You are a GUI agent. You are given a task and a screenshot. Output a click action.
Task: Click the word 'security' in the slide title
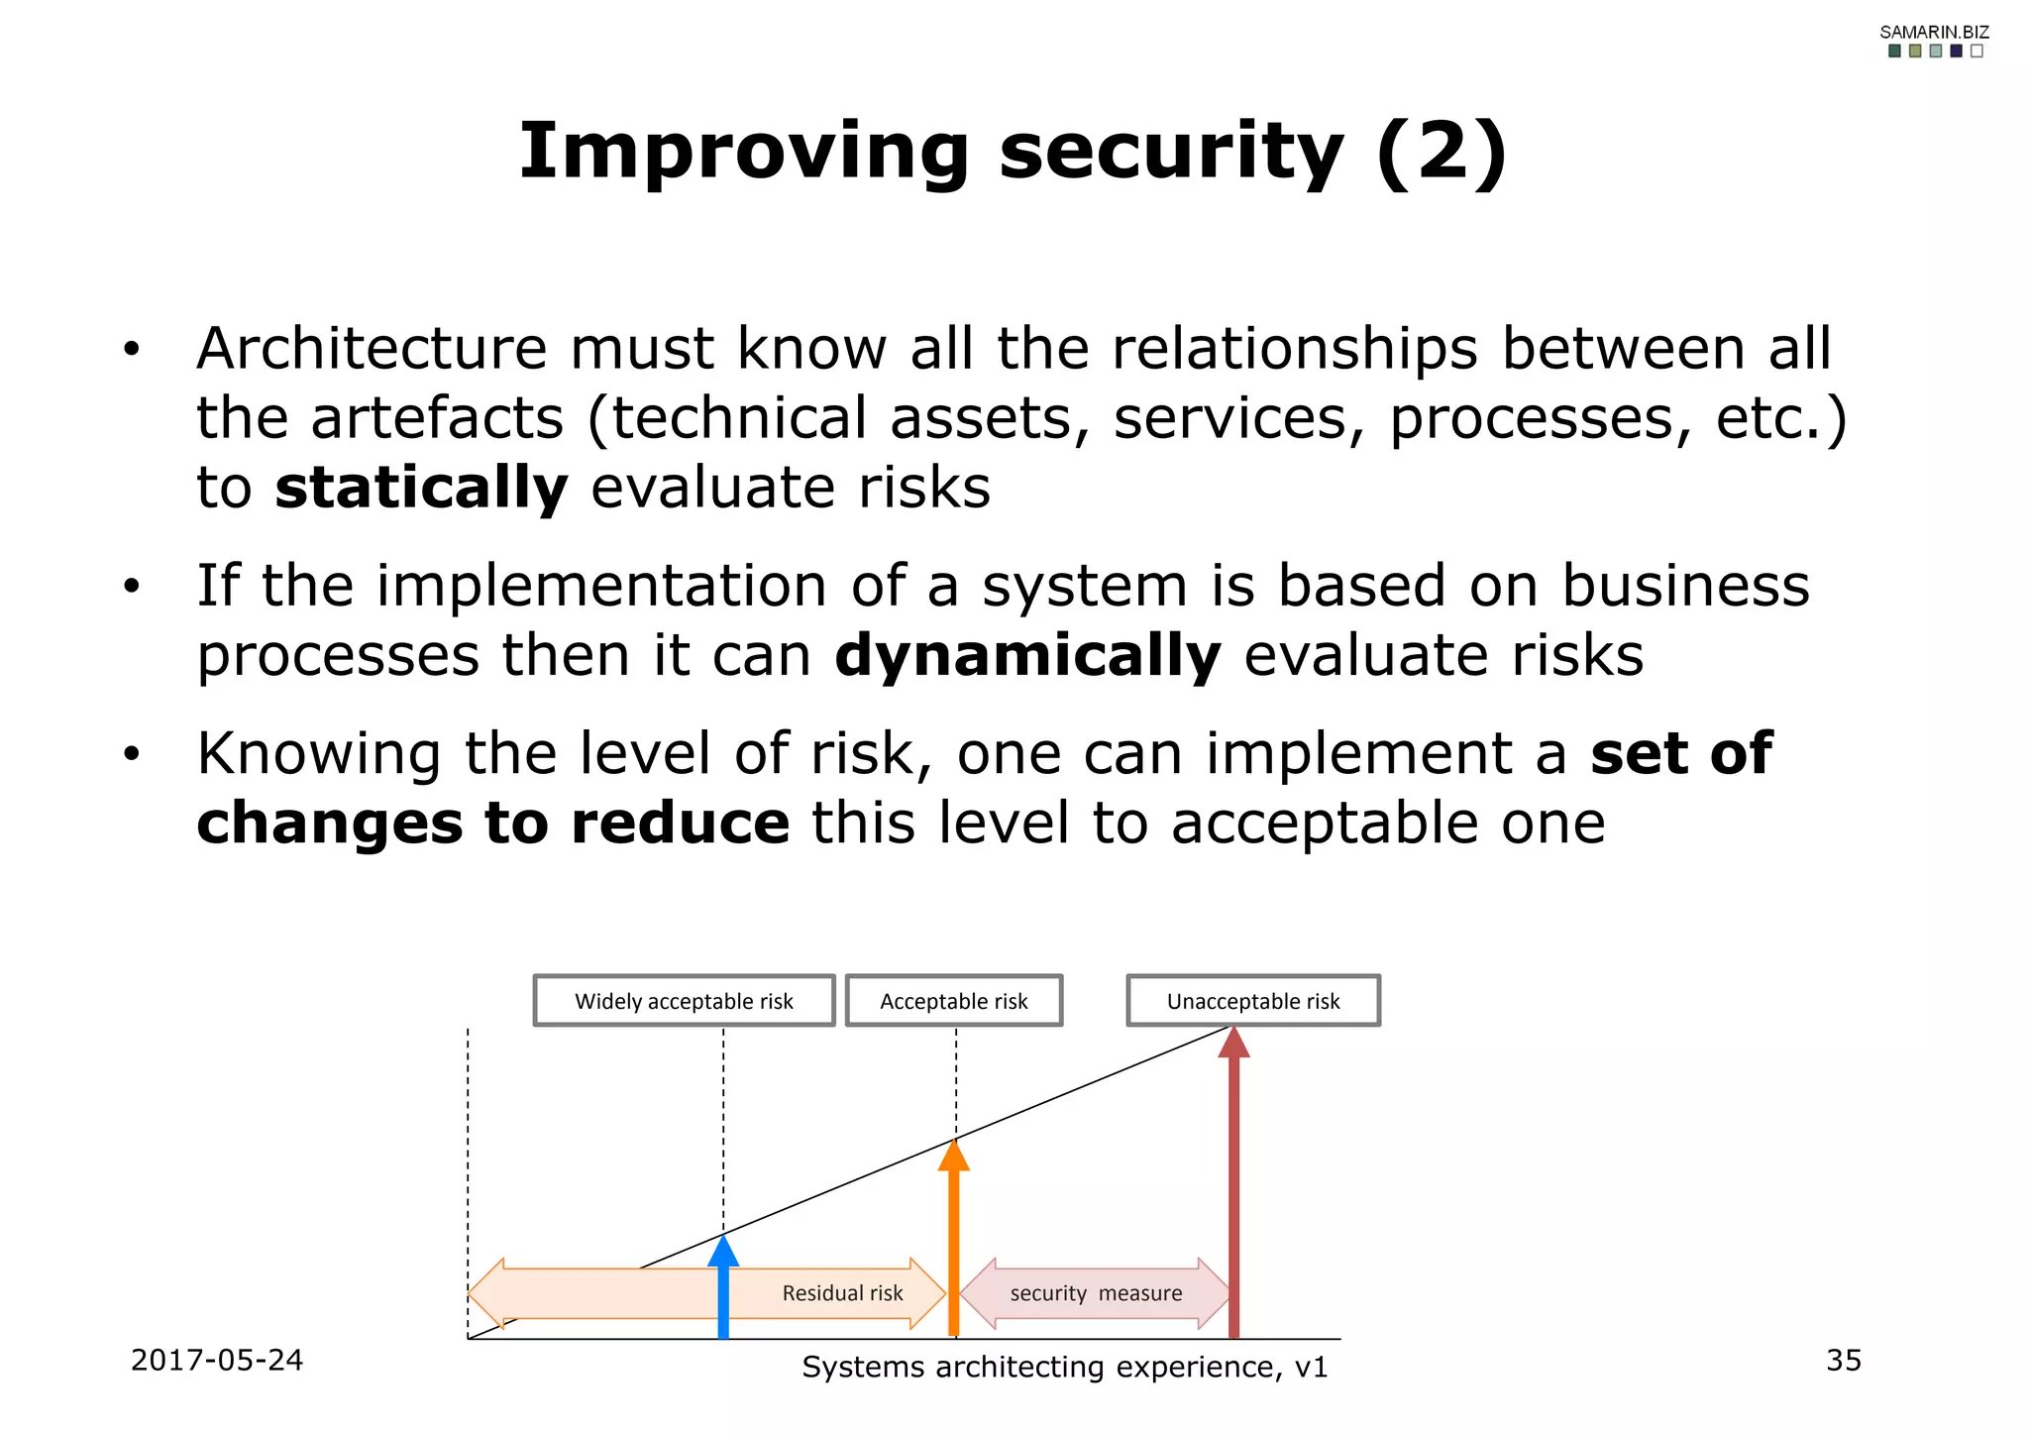tap(1170, 153)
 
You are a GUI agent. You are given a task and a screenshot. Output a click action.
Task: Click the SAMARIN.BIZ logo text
tap(1934, 32)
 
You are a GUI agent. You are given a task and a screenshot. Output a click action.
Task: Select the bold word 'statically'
tap(421, 488)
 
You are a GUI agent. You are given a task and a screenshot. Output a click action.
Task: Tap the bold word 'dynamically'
tap(1027, 656)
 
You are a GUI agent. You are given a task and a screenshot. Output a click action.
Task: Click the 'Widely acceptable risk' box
tap(684, 1001)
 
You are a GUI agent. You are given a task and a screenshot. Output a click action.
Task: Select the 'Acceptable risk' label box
tap(953, 1001)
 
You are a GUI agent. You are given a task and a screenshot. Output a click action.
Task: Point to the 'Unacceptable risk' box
tap(1252, 1001)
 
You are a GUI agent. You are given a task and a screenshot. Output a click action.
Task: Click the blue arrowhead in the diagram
tap(723, 1251)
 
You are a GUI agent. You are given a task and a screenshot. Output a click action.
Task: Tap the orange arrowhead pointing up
tap(953, 1156)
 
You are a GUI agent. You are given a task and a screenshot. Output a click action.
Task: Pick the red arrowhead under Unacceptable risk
tap(1233, 1043)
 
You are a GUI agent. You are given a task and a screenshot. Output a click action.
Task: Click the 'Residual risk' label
tap(842, 1293)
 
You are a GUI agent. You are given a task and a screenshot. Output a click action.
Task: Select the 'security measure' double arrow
tap(1096, 1293)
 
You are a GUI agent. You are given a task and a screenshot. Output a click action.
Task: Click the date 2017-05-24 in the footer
tap(216, 1360)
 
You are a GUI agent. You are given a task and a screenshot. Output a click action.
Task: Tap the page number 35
tap(1843, 1360)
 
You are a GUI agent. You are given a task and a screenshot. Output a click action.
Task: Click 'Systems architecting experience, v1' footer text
tap(1064, 1367)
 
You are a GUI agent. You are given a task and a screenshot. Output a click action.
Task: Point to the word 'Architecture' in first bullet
tap(371, 349)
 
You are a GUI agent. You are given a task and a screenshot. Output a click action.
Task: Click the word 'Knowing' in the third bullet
tap(318, 754)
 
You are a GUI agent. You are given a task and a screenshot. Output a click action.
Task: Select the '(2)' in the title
tap(1442, 153)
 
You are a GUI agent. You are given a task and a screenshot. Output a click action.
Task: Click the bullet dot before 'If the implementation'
tap(132, 588)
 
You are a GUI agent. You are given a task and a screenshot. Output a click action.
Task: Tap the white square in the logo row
tap(1976, 52)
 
